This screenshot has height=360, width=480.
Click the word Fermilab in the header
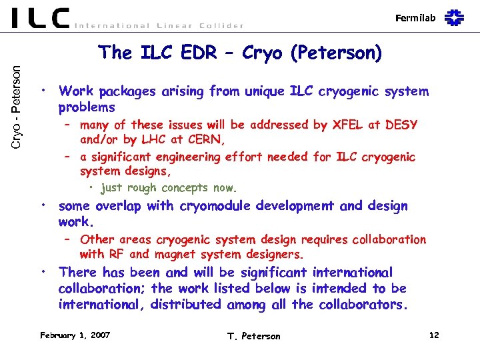(x=417, y=18)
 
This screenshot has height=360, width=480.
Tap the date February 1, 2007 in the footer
(x=75, y=335)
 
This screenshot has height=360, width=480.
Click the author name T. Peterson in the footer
(x=254, y=336)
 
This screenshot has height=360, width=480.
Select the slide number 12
(x=434, y=335)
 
